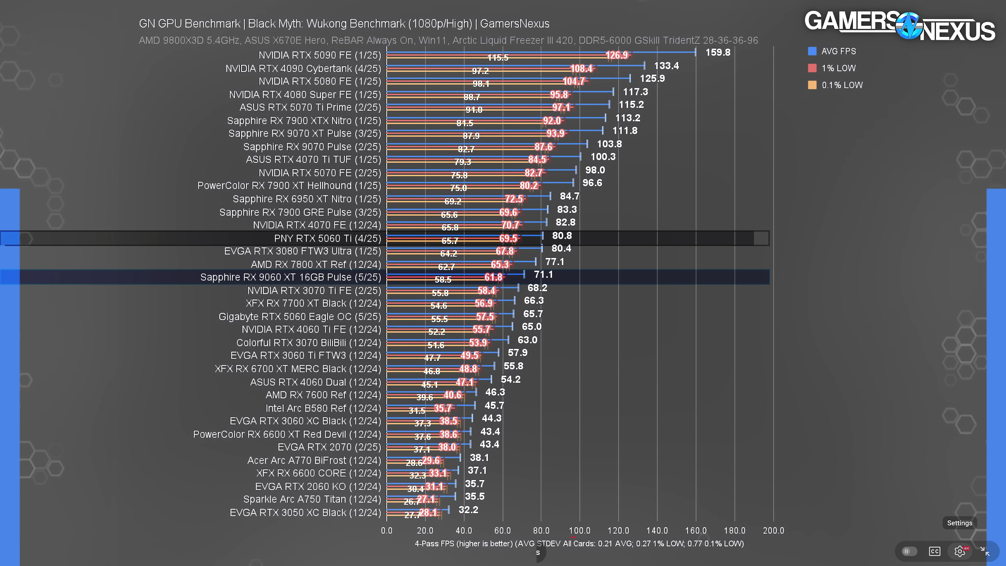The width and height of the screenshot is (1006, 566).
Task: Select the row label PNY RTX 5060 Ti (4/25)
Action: click(327, 238)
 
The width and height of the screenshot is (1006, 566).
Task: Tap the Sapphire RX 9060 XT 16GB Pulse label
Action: click(290, 277)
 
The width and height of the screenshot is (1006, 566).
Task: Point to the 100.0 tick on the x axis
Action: click(579, 530)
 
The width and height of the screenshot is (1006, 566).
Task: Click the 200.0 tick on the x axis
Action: click(773, 530)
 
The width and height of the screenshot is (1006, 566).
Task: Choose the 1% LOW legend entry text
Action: click(838, 68)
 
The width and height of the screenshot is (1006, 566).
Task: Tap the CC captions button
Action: click(934, 551)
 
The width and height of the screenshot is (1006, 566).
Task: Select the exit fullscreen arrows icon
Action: click(985, 551)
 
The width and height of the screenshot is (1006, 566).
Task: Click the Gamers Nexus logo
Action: click(899, 26)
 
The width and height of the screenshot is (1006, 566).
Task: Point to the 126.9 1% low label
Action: click(617, 55)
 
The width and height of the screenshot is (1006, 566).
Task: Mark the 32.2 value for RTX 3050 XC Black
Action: click(468, 510)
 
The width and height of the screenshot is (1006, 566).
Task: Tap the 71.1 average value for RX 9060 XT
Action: click(543, 275)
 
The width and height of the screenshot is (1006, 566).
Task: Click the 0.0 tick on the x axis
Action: click(387, 530)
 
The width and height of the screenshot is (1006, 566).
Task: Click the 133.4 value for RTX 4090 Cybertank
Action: click(666, 66)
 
